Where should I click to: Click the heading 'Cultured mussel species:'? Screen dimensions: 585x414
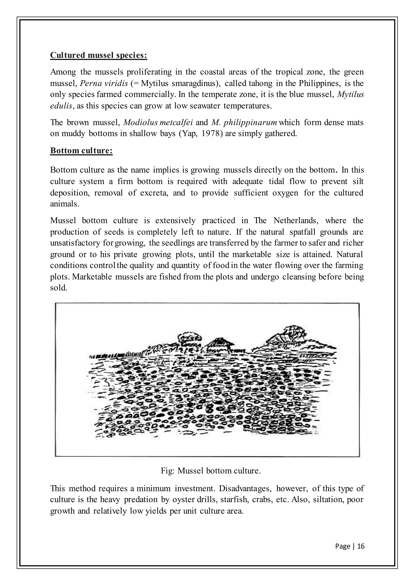98,55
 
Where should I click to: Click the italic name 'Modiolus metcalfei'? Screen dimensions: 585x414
158,123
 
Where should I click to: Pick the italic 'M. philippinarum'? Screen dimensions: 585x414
244,123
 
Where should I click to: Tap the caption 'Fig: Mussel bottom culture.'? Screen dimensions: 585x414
211,471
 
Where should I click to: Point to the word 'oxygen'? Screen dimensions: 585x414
285,193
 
